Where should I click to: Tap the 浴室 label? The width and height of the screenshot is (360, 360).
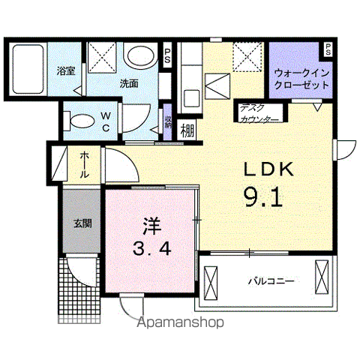coord(65,71)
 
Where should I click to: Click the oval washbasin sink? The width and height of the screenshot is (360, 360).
coord(138,55)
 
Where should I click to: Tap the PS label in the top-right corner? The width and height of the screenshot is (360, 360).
coord(328,50)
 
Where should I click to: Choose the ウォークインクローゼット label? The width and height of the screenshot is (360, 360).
coord(301,79)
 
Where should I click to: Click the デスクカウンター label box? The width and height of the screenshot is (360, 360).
coord(259,113)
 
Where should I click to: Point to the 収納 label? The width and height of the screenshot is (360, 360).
coord(168,121)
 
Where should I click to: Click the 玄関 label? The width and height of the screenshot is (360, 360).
coord(82,223)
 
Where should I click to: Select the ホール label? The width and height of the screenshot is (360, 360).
coord(85,163)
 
